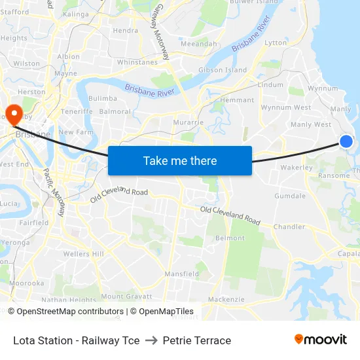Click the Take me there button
pyautogui.click(x=180, y=160)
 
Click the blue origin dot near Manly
pyautogui.click(x=346, y=141)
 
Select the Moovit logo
pyautogui.click(x=320, y=340)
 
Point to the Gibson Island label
pyautogui.click(x=223, y=70)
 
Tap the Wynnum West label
pyautogui.click(x=286, y=107)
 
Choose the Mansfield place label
pyautogui.click(x=182, y=274)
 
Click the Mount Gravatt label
pyautogui.click(x=122, y=297)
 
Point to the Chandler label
pyautogui.click(x=290, y=227)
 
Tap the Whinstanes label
pyautogui.click(x=138, y=62)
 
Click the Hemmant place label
pyautogui.click(x=237, y=100)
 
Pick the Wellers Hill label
pyautogui.click(x=84, y=254)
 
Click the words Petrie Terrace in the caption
pyautogui.click(x=197, y=340)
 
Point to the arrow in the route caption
pyautogui.click(x=151, y=340)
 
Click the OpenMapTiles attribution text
pyautogui.click(x=166, y=312)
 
